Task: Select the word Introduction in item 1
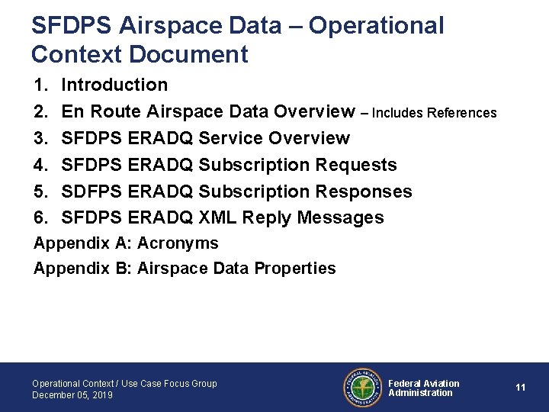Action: point(114,85)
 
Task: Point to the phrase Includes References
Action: point(434,113)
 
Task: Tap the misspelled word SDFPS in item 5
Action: point(91,192)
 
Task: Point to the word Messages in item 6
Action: point(340,218)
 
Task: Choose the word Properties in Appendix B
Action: point(294,269)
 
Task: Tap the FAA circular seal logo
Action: point(362,388)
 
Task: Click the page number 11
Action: point(520,388)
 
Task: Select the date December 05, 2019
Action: point(72,395)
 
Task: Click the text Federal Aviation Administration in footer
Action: point(423,388)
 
